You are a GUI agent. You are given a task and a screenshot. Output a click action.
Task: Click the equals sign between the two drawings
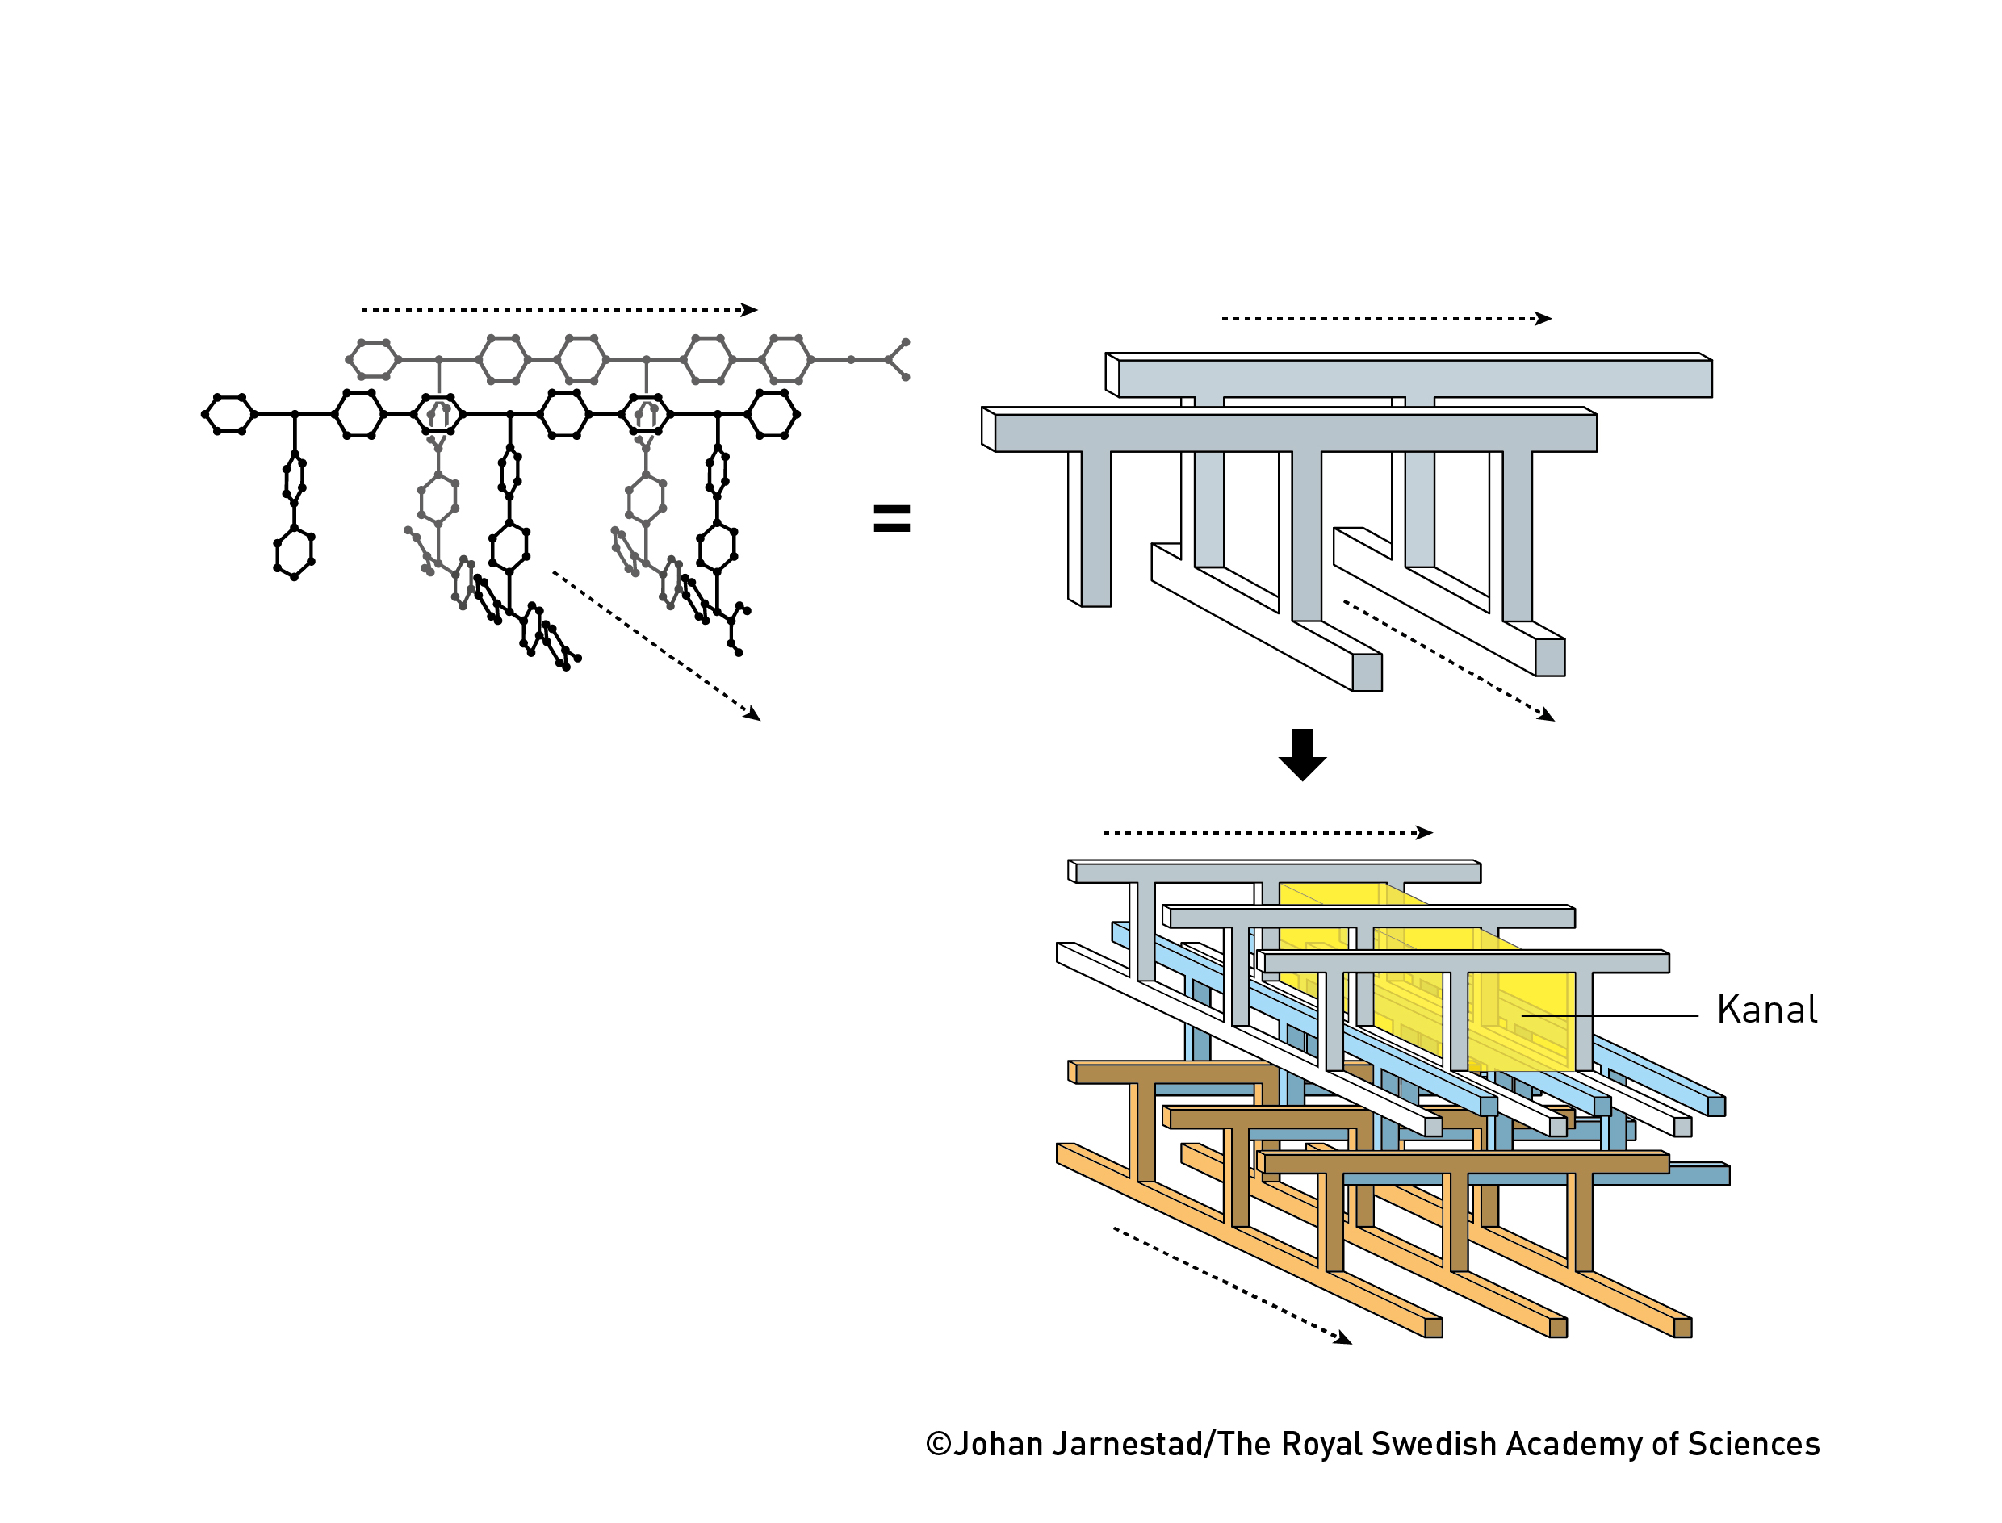(891, 518)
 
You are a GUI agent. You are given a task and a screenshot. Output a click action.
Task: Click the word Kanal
(1766, 1010)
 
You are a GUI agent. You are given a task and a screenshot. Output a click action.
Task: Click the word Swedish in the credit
(1427, 1444)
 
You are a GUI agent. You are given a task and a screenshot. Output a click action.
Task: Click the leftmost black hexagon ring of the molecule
(229, 414)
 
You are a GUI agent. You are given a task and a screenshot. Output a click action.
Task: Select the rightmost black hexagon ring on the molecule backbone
(772, 414)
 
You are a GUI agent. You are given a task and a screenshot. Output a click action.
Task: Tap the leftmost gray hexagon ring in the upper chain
(374, 360)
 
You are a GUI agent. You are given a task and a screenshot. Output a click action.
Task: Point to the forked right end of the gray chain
(898, 360)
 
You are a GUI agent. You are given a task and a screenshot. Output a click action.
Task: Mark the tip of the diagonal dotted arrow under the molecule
(754, 717)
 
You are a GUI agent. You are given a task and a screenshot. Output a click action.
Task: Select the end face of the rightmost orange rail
(1683, 1328)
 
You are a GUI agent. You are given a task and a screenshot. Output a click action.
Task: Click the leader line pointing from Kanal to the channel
(1610, 1016)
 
